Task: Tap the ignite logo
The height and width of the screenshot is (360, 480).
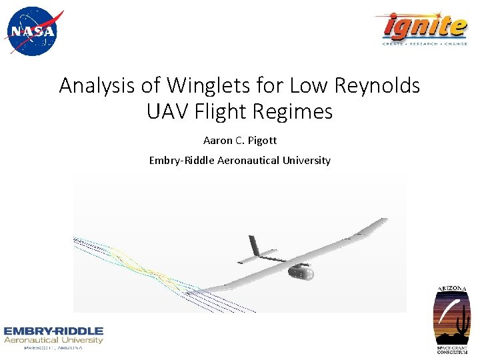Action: (425, 27)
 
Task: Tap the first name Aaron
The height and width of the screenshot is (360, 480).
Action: (217, 141)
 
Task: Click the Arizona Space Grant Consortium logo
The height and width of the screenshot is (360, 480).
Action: (453, 319)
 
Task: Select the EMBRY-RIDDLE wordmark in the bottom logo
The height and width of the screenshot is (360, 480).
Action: (53, 331)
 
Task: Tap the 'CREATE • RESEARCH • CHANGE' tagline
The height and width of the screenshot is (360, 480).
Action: (425, 43)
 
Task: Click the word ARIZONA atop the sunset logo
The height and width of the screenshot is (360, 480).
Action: (453, 289)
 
